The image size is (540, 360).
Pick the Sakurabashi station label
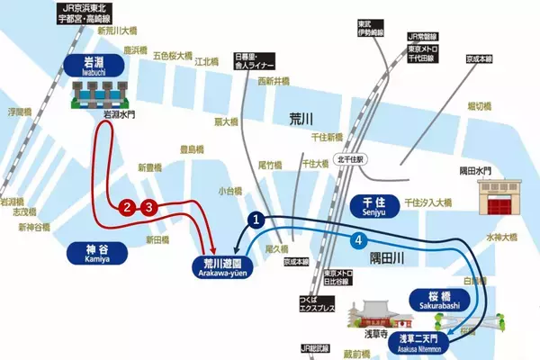point(440,301)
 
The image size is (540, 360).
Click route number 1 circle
point(256,219)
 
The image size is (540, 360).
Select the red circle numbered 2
point(129,208)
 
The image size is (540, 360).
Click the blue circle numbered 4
point(359,241)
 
